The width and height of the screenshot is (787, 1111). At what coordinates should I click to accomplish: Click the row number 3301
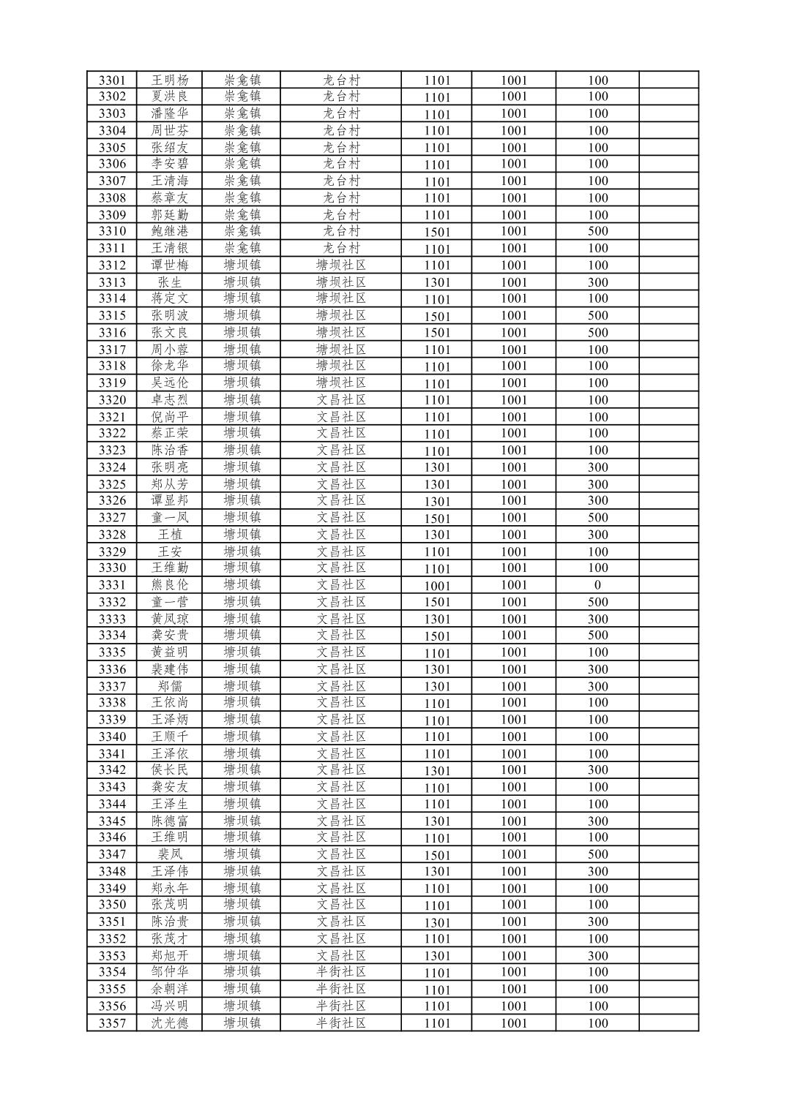click(112, 80)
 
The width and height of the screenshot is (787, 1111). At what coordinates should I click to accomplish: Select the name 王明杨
click(170, 80)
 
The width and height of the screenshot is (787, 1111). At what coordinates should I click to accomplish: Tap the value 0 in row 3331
click(597, 585)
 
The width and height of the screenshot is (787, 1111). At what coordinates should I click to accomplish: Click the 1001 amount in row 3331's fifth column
click(437, 585)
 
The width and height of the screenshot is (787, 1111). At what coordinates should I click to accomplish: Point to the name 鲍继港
click(170, 231)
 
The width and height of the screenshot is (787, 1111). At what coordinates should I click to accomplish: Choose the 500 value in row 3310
click(597, 231)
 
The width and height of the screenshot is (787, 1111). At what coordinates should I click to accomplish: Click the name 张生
click(170, 282)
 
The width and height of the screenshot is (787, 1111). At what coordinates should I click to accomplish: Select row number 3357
click(112, 1023)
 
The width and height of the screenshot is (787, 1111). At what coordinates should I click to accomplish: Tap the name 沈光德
click(170, 1023)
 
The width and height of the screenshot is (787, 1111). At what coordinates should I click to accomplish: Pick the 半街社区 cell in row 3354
click(341, 972)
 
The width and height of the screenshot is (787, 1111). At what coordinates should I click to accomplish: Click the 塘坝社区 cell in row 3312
click(341, 265)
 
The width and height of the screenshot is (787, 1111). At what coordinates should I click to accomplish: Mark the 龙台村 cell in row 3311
click(341, 248)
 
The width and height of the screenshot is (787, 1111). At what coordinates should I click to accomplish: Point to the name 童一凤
click(170, 518)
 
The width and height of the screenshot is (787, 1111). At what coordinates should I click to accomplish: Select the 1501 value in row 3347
click(437, 854)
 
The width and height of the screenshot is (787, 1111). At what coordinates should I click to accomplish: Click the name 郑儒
click(170, 686)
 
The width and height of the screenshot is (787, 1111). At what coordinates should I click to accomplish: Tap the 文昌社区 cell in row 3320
click(341, 400)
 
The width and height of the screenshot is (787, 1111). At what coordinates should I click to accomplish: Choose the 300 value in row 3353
click(597, 956)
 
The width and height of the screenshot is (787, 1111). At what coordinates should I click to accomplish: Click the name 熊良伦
click(170, 585)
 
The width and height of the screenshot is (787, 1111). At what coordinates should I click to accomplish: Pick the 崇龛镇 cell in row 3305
click(242, 147)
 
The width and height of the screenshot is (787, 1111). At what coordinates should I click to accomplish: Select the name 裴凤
click(170, 854)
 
